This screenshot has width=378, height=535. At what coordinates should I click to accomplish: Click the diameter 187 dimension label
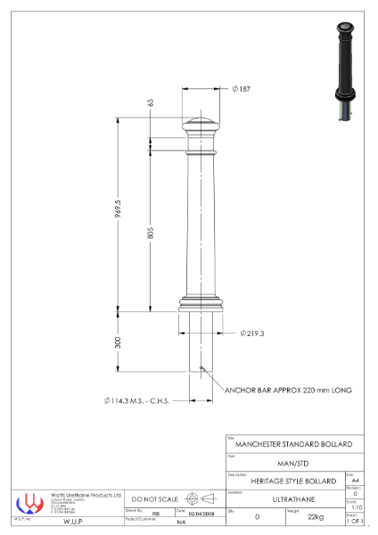click(x=241, y=89)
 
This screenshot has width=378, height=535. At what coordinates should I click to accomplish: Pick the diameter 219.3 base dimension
click(x=252, y=333)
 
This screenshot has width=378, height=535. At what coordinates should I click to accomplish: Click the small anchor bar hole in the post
click(x=203, y=366)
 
